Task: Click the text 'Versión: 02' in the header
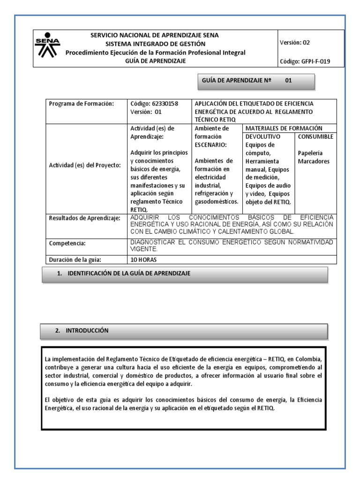[294, 43]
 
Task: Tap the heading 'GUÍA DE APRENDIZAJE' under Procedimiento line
[155, 60]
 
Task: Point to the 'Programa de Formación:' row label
[82, 104]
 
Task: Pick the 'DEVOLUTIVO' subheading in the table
[262, 136]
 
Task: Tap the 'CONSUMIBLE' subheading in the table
[316, 136]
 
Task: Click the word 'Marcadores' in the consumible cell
[314, 162]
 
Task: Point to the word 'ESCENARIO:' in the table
[211, 145]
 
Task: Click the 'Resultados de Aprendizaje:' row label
[85, 218]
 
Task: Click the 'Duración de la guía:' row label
[75, 260]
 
